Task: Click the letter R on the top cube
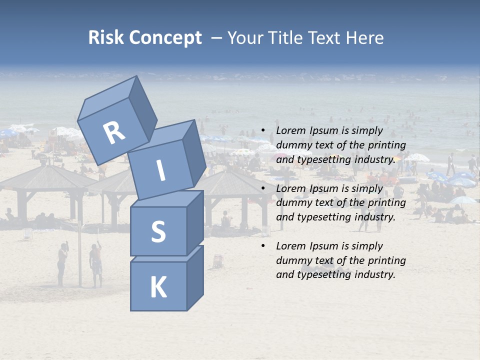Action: tap(113, 132)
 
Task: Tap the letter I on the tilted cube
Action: tap(160, 170)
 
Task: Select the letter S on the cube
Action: tap(158, 231)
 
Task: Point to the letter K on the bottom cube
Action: tap(158, 287)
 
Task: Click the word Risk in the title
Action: tap(105, 37)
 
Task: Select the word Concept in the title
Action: tap(164, 38)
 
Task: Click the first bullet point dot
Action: tap(263, 130)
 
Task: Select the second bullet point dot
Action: tap(263, 188)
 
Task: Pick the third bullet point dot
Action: tap(263, 246)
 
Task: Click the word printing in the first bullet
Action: tap(387, 145)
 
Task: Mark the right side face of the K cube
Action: tap(195, 279)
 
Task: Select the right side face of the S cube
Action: tap(195, 223)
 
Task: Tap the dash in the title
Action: tap(217, 38)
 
